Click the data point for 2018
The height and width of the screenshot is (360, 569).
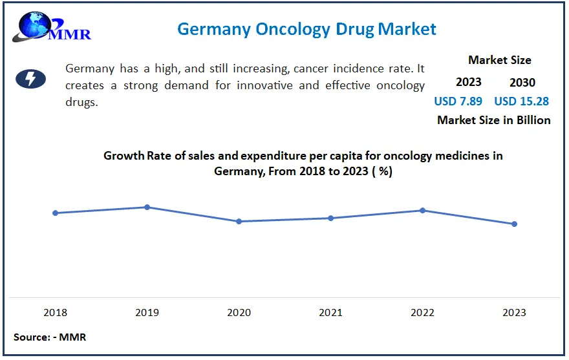[x=56, y=213]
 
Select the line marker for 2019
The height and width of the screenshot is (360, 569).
[x=147, y=207]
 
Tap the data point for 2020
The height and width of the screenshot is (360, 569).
[x=239, y=221]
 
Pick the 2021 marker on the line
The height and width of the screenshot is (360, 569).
[x=330, y=218]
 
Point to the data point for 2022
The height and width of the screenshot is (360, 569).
[x=423, y=210]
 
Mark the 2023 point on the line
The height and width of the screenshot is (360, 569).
[x=515, y=224]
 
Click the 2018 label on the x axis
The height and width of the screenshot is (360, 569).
[x=56, y=312]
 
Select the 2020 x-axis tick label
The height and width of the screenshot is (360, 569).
[x=239, y=312]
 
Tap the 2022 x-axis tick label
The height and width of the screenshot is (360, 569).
[x=423, y=312]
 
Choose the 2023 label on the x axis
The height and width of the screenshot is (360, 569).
[x=515, y=312]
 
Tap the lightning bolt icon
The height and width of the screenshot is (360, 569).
[x=30, y=79]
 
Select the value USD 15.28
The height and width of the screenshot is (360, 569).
[x=522, y=101]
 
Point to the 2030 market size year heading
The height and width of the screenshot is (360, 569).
[x=522, y=82]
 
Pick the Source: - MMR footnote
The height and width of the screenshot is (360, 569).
[x=50, y=337]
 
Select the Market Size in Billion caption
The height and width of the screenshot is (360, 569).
[x=493, y=120]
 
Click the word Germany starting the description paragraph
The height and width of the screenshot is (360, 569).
[x=91, y=69]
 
